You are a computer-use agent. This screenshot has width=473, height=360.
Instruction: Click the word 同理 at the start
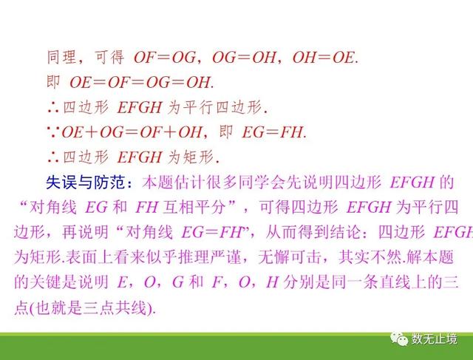tap(61, 57)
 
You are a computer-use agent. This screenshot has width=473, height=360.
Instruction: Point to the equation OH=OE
tap(324, 58)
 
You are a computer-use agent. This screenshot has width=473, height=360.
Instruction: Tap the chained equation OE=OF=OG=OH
tap(140, 82)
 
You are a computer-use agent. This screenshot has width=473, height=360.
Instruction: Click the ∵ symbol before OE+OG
tap(53, 132)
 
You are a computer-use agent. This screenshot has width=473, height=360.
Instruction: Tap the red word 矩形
tap(198, 157)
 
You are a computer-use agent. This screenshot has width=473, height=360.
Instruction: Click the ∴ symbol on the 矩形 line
tap(53, 157)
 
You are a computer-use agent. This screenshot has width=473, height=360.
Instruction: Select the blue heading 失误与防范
tap(86, 183)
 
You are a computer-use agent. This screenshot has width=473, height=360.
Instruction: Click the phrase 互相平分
tap(194, 207)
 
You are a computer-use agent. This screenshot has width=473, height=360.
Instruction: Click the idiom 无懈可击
tap(290, 257)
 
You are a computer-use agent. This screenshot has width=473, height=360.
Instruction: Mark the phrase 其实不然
tap(370, 257)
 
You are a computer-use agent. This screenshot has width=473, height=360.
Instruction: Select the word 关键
tap(46, 282)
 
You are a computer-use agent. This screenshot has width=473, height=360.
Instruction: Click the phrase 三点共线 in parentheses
tap(115, 308)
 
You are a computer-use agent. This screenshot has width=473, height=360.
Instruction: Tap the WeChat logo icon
tap(399, 339)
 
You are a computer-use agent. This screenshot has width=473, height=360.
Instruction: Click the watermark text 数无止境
tap(434, 339)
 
